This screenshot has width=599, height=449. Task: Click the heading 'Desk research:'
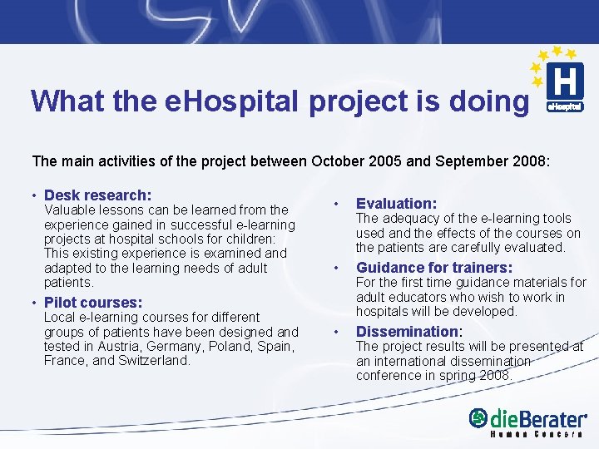click(97, 195)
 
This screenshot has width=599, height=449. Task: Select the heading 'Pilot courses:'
click(92, 303)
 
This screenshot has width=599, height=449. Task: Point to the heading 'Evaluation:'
click(396, 204)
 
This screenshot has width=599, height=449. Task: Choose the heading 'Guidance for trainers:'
click(433, 268)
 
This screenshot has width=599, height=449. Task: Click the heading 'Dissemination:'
click(408, 332)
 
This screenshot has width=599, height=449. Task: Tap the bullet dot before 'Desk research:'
click(33, 195)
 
